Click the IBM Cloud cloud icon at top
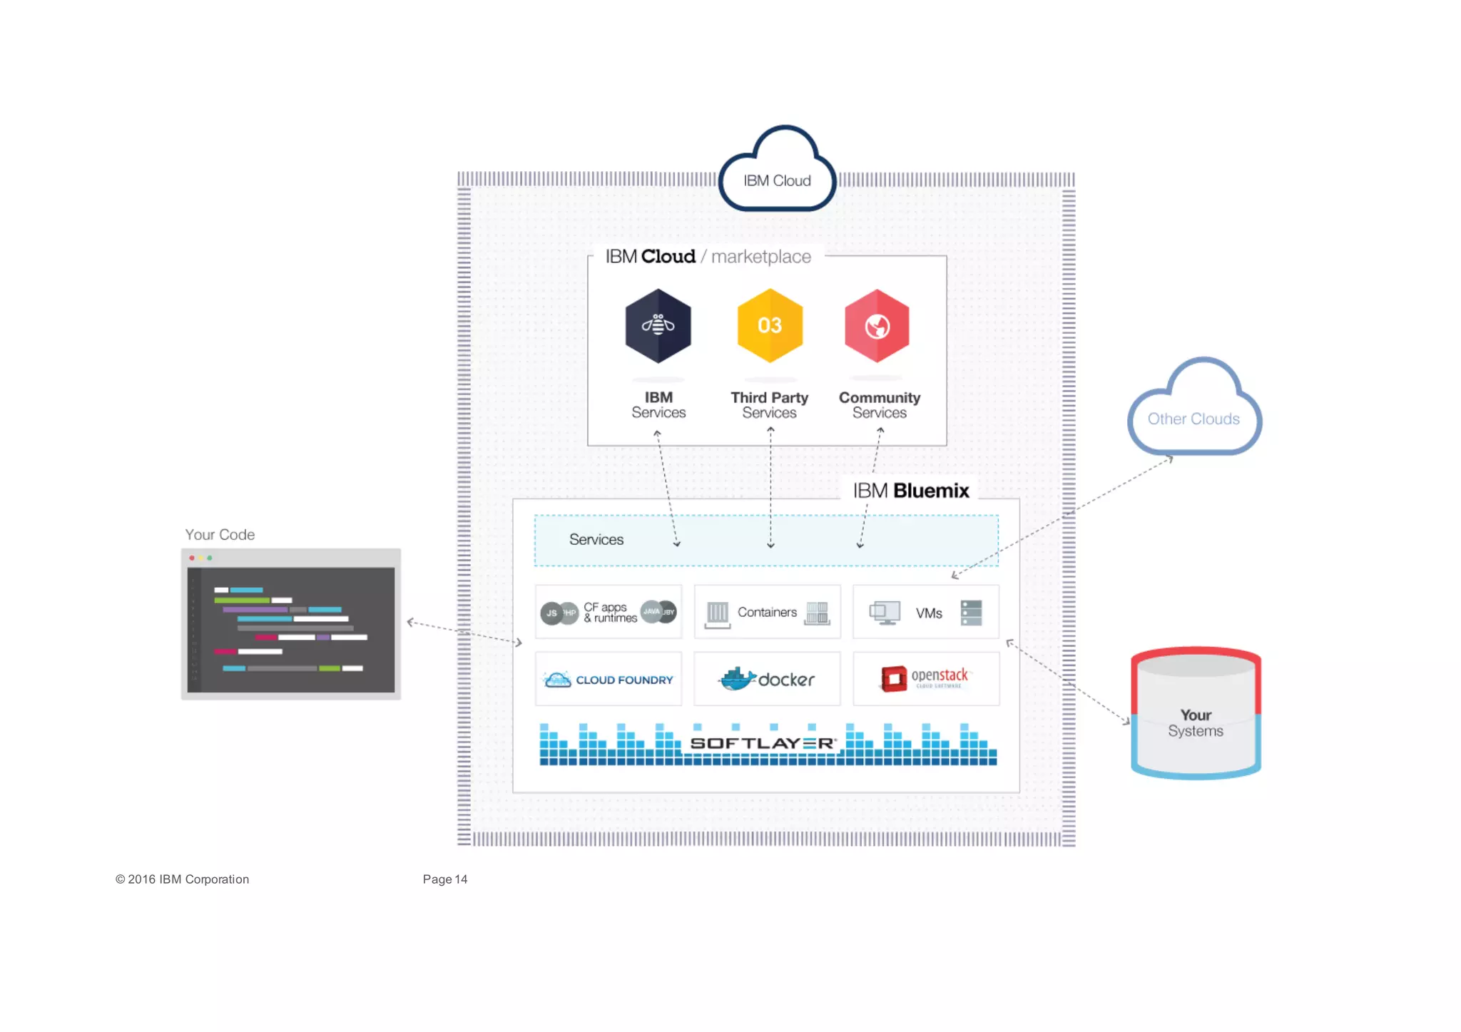pyautogui.click(x=777, y=171)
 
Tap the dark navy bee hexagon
pyautogui.click(x=658, y=326)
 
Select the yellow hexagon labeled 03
pyautogui.click(x=770, y=326)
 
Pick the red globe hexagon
pyautogui.click(x=877, y=326)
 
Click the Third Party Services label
pyautogui.click(x=769, y=405)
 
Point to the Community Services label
pyautogui.click(x=879, y=405)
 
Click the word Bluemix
pyautogui.click(x=931, y=491)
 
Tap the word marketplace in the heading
pyautogui.click(x=760, y=257)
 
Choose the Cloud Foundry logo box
pyautogui.click(x=609, y=680)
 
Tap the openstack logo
pyautogui.click(x=925, y=678)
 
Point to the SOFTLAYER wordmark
pyautogui.click(x=763, y=743)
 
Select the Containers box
pyautogui.click(x=767, y=612)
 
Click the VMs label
pyautogui.click(x=929, y=613)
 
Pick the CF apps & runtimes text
pyautogui.click(x=610, y=613)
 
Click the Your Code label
pyautogui.click(x=220, y=535)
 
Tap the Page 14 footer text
pyautogui.click(x=445, y=879)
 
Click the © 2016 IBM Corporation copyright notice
pyautogui.click(x=183, y=879)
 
